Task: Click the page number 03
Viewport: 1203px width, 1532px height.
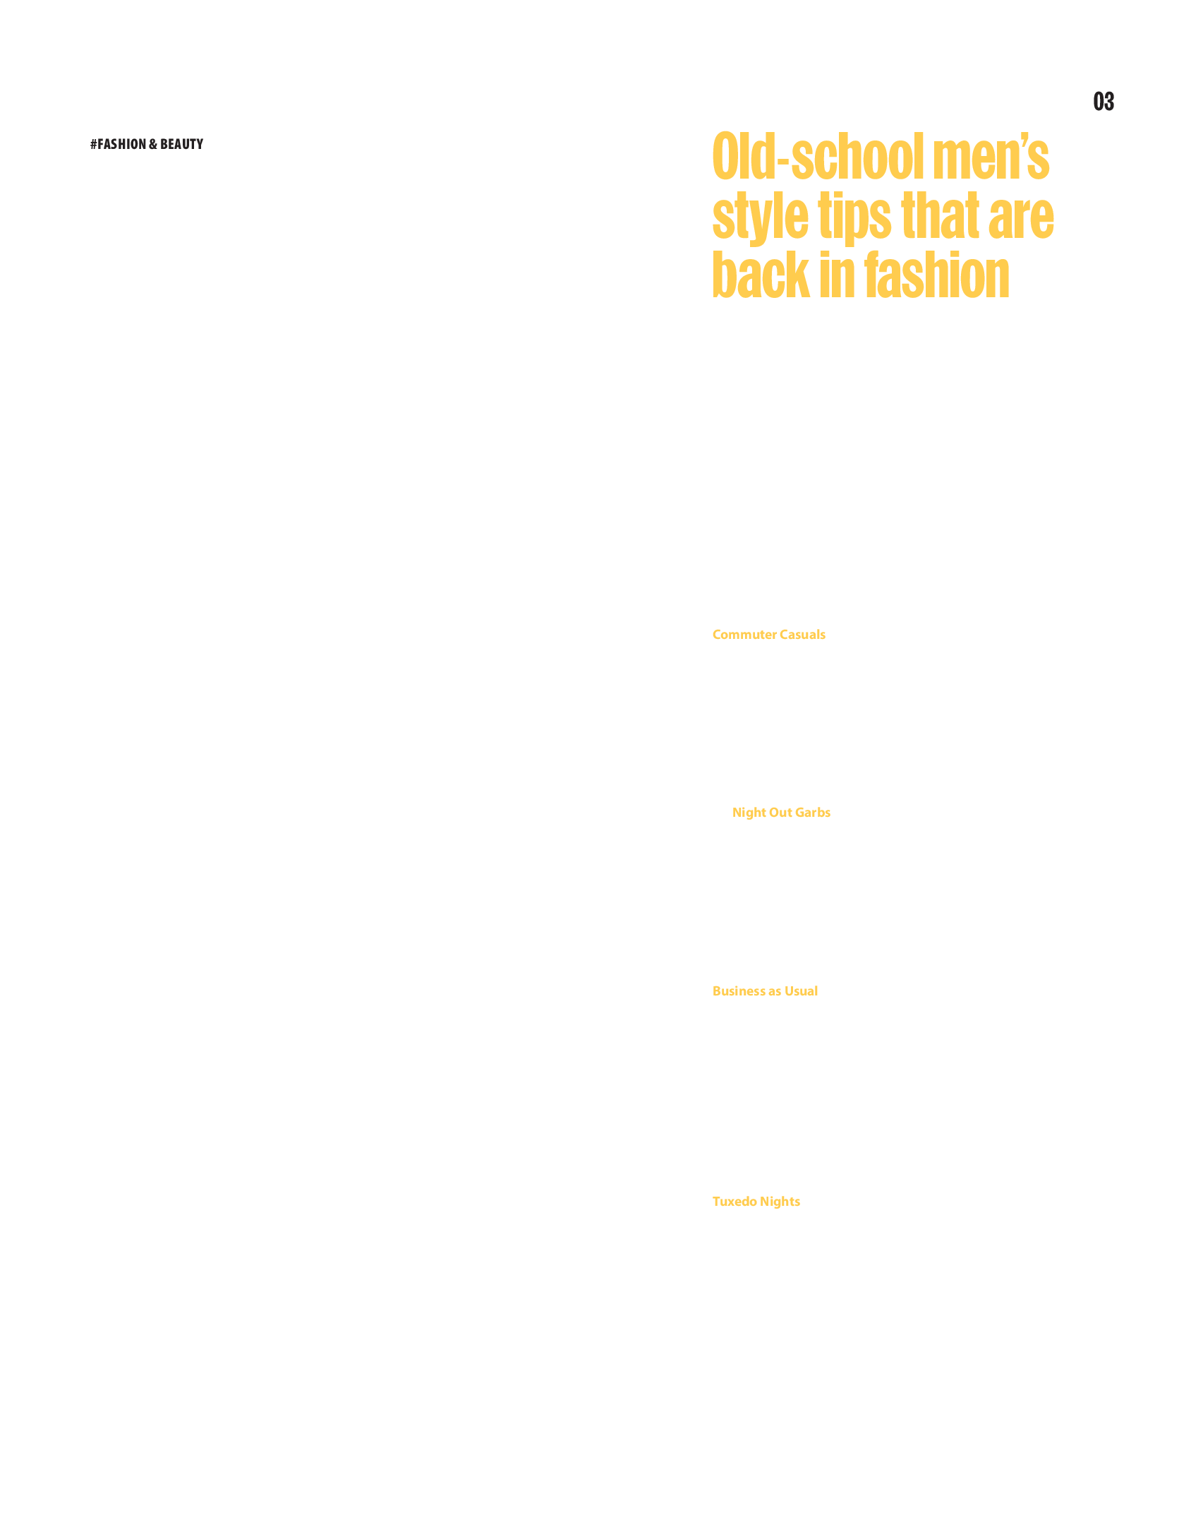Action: click(x=1104, y=102)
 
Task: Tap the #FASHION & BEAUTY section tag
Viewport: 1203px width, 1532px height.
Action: click(x=147, y=144)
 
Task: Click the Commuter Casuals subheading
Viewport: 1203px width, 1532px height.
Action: click(x=768, y=635)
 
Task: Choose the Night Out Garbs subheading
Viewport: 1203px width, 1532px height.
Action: click(x=781, y=813)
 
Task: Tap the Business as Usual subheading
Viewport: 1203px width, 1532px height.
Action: click(x=765, y=991)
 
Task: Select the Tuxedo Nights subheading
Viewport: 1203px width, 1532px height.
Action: click(x=756, y=1202)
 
